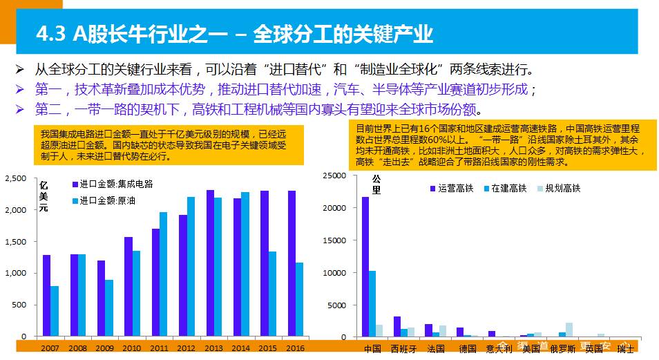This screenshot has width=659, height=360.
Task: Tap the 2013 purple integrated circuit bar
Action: pos(210,263)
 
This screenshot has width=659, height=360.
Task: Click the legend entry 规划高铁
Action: pos(562,188)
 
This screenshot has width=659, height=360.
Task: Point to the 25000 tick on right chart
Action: pos(334,176)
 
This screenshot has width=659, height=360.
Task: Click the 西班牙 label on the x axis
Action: pos(404,349)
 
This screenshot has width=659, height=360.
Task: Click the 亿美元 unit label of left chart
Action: pos(44,197)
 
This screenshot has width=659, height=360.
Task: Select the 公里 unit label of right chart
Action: pos(376,184)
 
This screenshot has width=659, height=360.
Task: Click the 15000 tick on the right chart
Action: pos(334,240)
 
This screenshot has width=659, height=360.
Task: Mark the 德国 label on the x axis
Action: pos(467,349)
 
